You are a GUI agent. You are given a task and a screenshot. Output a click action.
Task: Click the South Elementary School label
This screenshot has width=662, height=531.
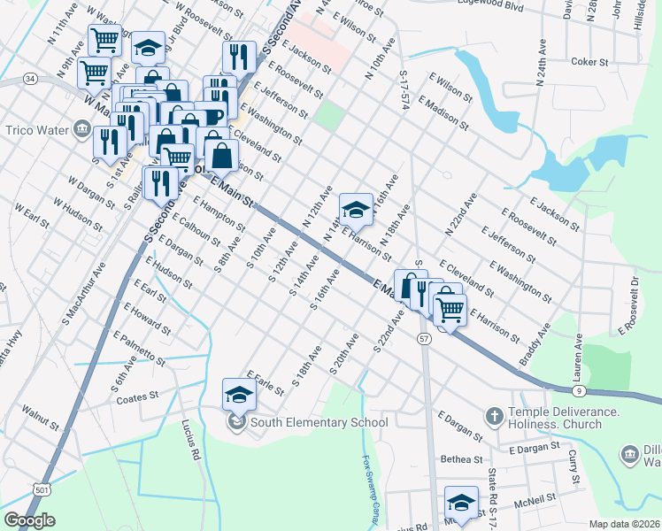319,422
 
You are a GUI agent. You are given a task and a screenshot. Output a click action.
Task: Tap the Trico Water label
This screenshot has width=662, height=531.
36,131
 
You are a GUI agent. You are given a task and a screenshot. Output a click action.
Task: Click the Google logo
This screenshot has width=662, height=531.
29,520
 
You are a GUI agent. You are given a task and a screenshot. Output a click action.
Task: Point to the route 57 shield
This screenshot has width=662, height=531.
425,339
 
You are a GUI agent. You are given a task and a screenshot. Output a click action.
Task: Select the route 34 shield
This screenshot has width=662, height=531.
30,79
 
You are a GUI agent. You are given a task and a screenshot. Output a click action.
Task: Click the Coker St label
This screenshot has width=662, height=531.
590,62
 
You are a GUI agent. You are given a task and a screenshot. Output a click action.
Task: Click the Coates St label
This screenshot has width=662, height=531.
137,398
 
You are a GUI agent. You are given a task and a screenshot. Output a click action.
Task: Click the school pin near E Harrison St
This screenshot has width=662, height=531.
356,211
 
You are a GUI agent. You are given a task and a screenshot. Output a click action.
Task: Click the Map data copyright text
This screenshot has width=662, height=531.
624,524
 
